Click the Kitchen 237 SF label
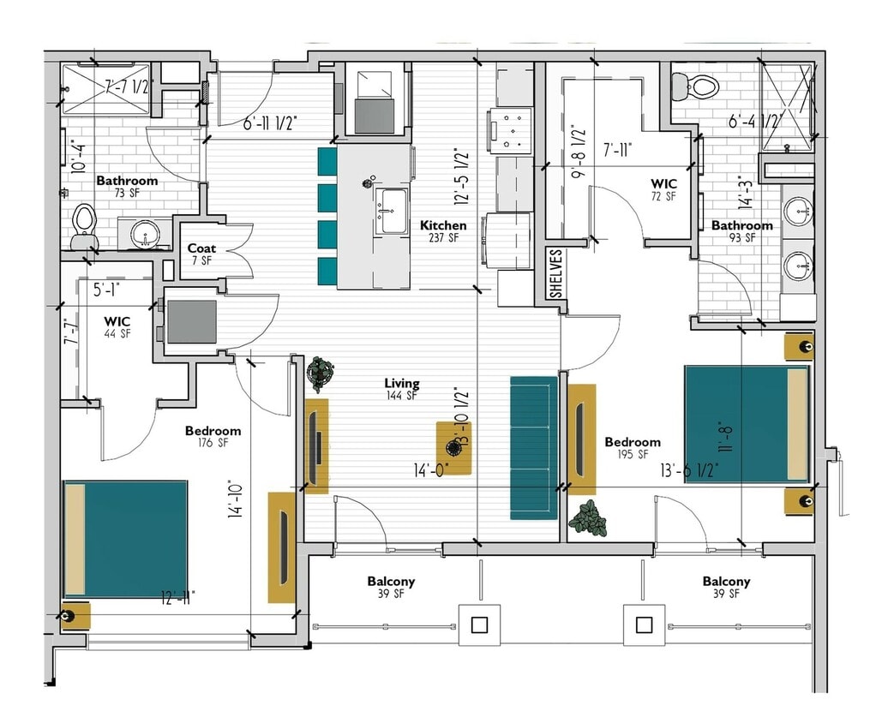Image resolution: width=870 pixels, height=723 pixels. click(x=443, y=231)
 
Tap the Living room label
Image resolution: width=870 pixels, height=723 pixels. click(x=401, y=389)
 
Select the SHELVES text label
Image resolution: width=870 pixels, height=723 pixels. click(x=555, y=274)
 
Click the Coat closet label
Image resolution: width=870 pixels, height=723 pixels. click(x=201, y=254)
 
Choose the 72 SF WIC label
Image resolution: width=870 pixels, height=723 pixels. click(x=663, y=189)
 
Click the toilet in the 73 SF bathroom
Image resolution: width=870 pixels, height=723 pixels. click(x=84, y=225)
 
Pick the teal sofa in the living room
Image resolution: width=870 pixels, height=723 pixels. click(x=534, y=447)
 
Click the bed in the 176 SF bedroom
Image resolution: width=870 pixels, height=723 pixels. click(x=125, y=538)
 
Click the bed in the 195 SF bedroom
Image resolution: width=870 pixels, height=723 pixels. click(x=747, y=423)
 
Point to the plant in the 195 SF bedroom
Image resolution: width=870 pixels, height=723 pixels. click(x=587, y=518)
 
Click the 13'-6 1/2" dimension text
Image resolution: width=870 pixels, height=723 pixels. click(x=689, y=469)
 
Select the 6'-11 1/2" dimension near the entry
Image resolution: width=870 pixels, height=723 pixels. click(x=271, y=123)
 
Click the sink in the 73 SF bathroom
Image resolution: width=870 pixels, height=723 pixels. click(x=142, y=233)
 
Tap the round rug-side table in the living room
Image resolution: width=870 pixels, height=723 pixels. click(x=454, y=447)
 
